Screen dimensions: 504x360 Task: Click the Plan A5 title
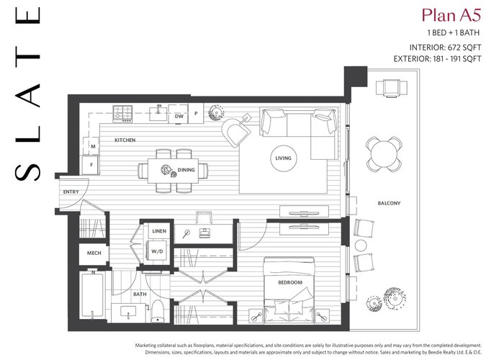pyautogui.click(x=451, y=15)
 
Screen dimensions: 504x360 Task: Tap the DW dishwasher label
pyautogui.click(x=179, y=116)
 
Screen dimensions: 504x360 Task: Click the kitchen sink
pyautogui.click(x=158, y=114)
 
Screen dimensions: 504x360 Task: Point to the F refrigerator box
pyautogui.click(x=91, y=165)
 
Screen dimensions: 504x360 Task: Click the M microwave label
pyautogui.click(x=93, y=146)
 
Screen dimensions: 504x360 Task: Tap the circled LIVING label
pyautogui.click(x=283, y=158)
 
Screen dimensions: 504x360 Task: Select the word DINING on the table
pyautogui.click(x=186, y=170)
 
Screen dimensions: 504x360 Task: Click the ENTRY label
pyautogui.click(x=71, y=192)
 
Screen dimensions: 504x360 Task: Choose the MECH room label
pyautogui.click(x=94, y=253)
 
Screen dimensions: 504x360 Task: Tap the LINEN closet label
pyautogui.click(x=159, y=231)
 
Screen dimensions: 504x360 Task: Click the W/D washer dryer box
pyautogui.click(x=157, y=251)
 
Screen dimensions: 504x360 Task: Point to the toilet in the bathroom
pyautogui.click(x=158, y=311)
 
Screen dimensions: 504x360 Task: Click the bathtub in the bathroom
pyautogui.click(x=93, y=294)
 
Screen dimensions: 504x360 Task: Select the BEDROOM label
pyautogui.click(x=290, y=282)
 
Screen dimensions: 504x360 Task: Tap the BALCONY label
pyautogui.click(x=389, y=203)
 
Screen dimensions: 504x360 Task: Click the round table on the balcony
pyautogui.click(x=384, y=154)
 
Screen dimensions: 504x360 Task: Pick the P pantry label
pyautogui.click(x=196, y=113)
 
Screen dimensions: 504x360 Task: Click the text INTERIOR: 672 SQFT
pyautogui.click(x=445, y=48)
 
